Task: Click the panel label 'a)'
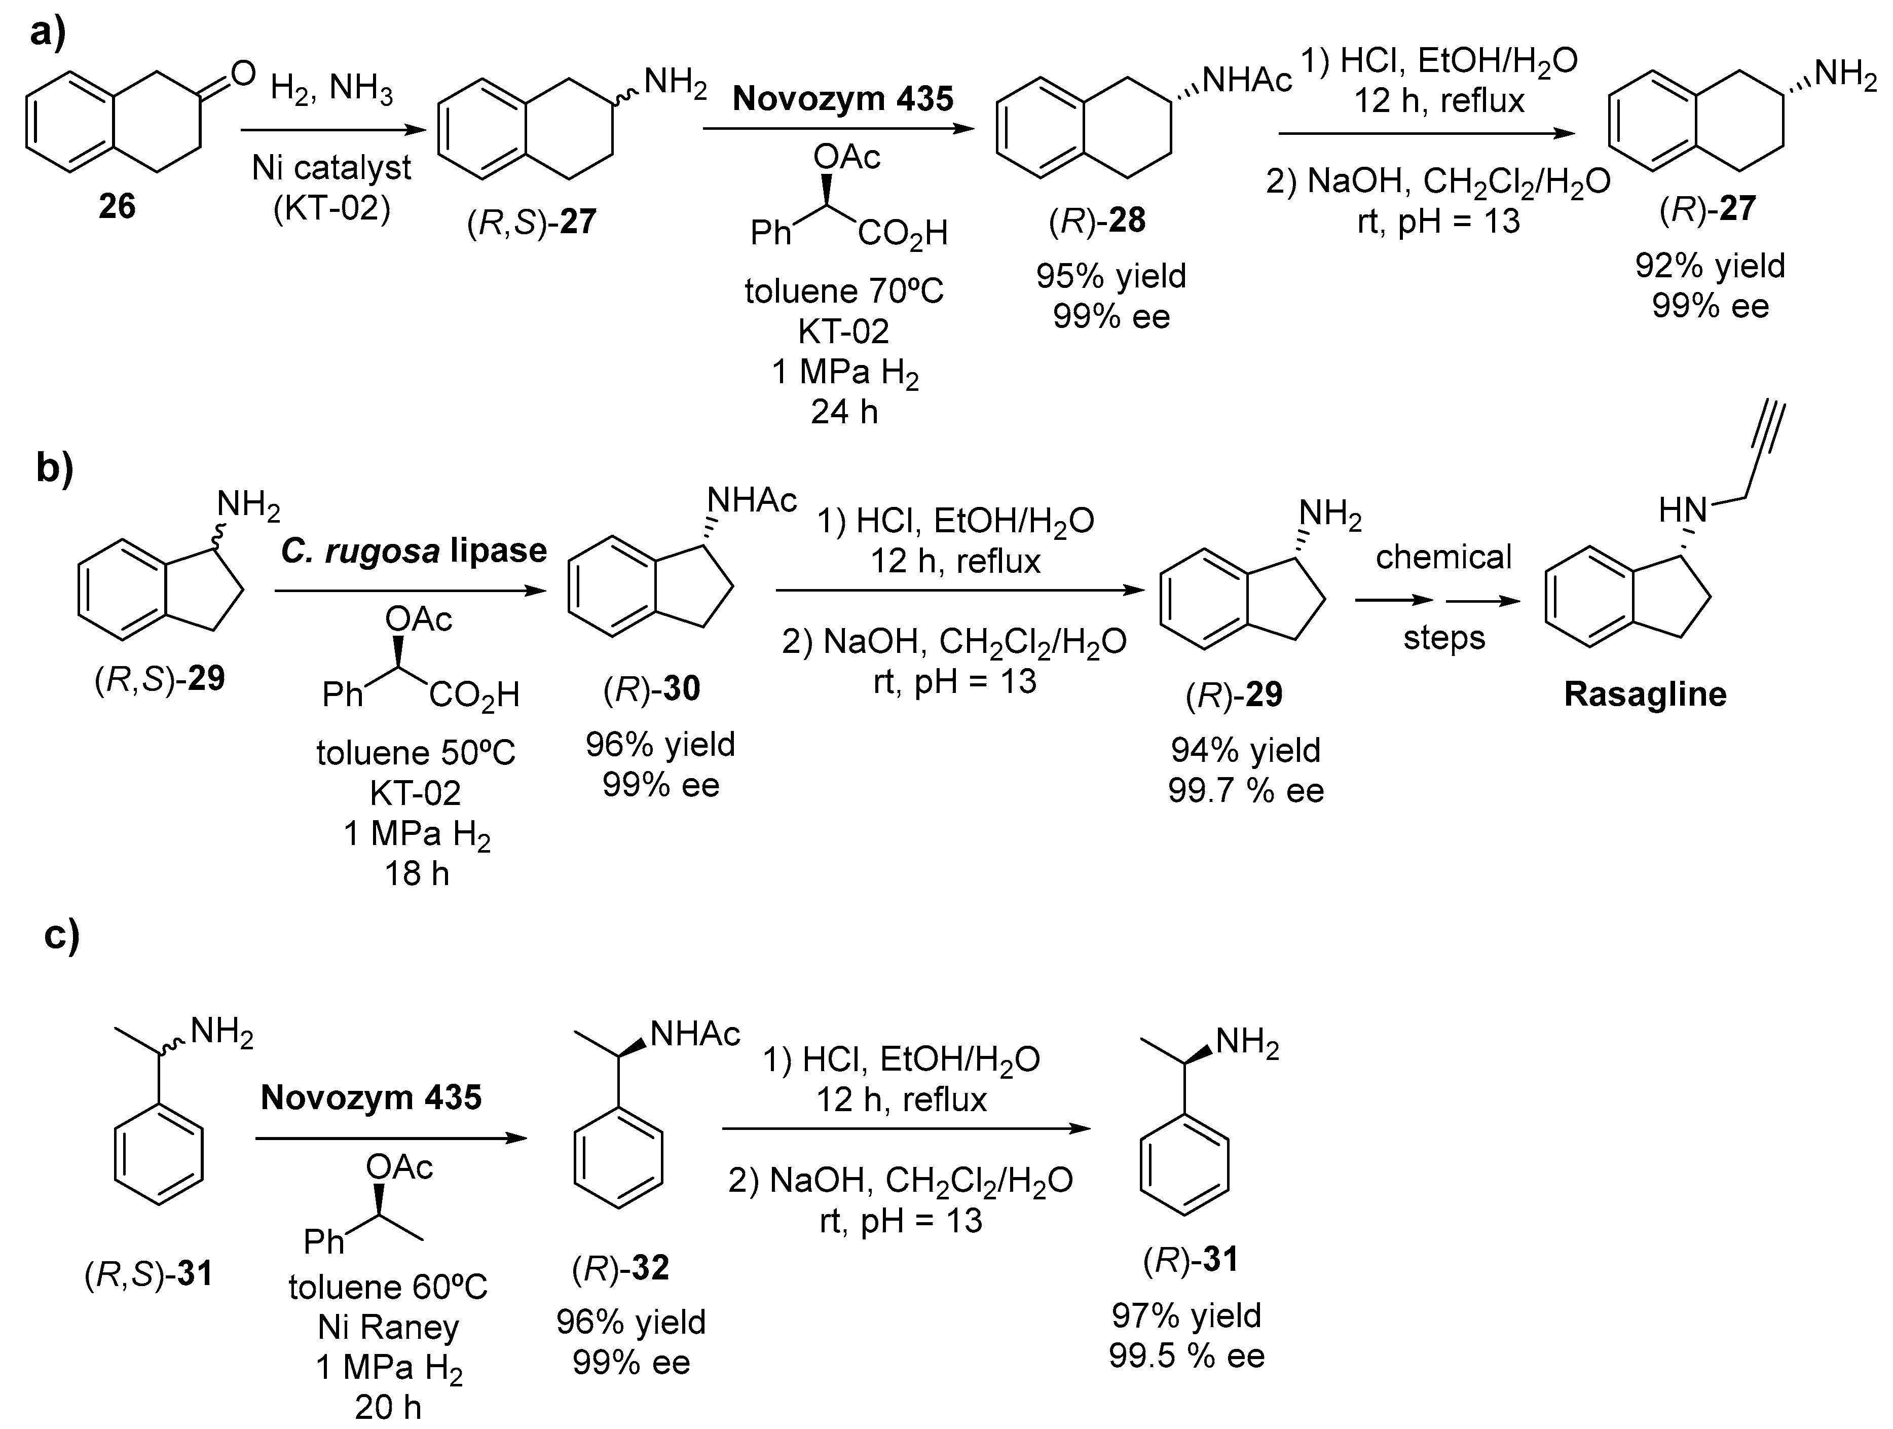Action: click(x=48, y=34)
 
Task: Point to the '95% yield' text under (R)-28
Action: click(x=1111, y=276)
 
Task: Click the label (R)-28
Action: click(x=1097, y=221)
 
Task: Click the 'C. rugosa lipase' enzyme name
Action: click(x=414, y=551)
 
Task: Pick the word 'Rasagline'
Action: click(x=1645, y=694)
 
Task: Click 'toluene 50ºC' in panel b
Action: click(x=416, y=753)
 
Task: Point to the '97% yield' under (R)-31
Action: click(x=1186, y=1315)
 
